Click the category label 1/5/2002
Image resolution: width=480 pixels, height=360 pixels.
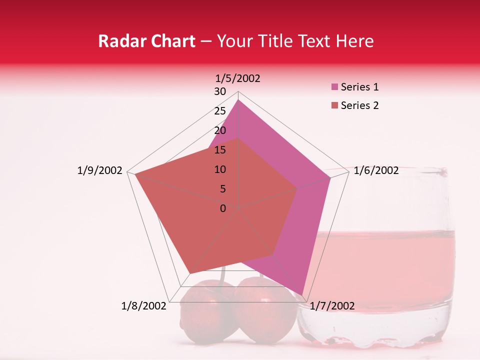pyautogui.click(x=238, y=78)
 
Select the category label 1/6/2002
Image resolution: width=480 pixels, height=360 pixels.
pyautogui.click(x=376, y=170)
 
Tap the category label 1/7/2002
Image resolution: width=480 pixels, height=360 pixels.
pyautogui.click(x=332, y=306)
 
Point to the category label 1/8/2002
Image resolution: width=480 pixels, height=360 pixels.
pyautogui.click(x=143, y=306)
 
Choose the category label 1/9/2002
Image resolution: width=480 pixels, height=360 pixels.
pyautogui.click(x=99, y=170)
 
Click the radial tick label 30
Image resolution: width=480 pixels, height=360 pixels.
pyautogui.click(x=220, y=91)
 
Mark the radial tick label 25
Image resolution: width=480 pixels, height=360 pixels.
pyautogui.click(x=220, y=111)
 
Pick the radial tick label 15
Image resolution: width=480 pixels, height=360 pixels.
pyautogui.click(x=220, y=150)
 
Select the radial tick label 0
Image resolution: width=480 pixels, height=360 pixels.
pyautogui.click(x=223, y=208)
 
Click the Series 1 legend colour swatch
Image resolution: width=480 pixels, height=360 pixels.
pyautogui.click(x=335, y=87)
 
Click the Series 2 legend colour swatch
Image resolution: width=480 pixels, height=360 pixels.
pyautogui.click(x=335, y=105)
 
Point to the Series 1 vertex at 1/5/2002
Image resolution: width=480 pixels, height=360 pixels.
pyautogui.click(x=238, y=100)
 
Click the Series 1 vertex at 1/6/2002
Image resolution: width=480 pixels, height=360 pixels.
pyautogui.click(x=330, y=177)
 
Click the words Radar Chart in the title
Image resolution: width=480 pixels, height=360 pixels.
pyautogui.click(x=146, y=41)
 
